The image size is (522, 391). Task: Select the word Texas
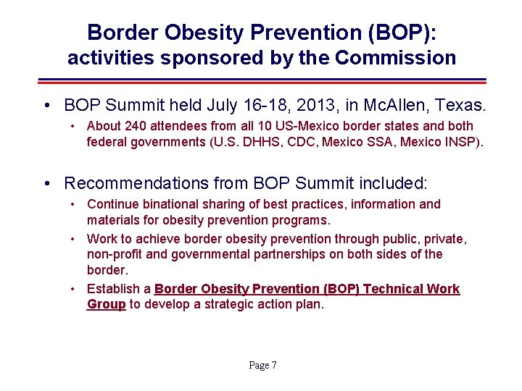coord(465,105)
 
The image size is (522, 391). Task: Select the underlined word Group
coord(106,304)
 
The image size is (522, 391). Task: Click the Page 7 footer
coord(262,366)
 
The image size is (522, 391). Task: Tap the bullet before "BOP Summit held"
coord(46,106)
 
